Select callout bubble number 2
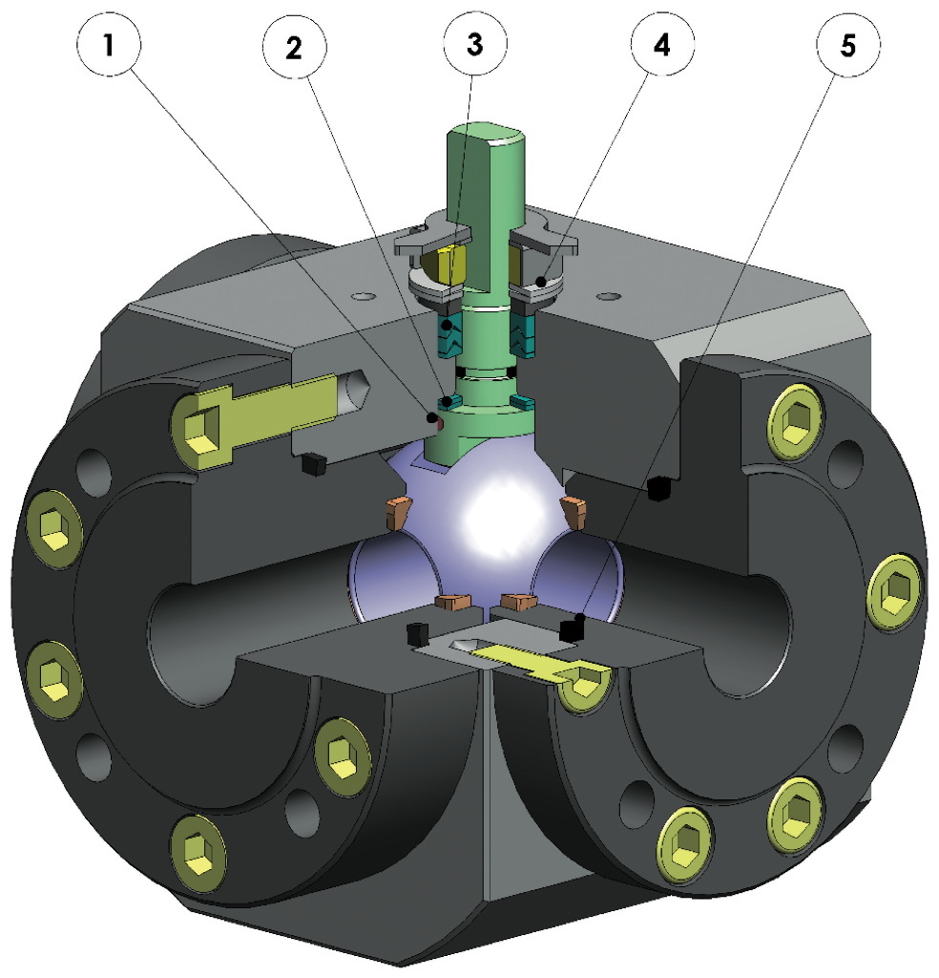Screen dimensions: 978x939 (x=293, y=46)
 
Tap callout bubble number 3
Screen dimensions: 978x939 (x=475, y=46)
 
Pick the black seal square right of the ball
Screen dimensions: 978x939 (x=655, y=489)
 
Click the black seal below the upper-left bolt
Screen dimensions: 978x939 (x=311, y=464)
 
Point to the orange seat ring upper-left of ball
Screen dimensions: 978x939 (x=397, y=514)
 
